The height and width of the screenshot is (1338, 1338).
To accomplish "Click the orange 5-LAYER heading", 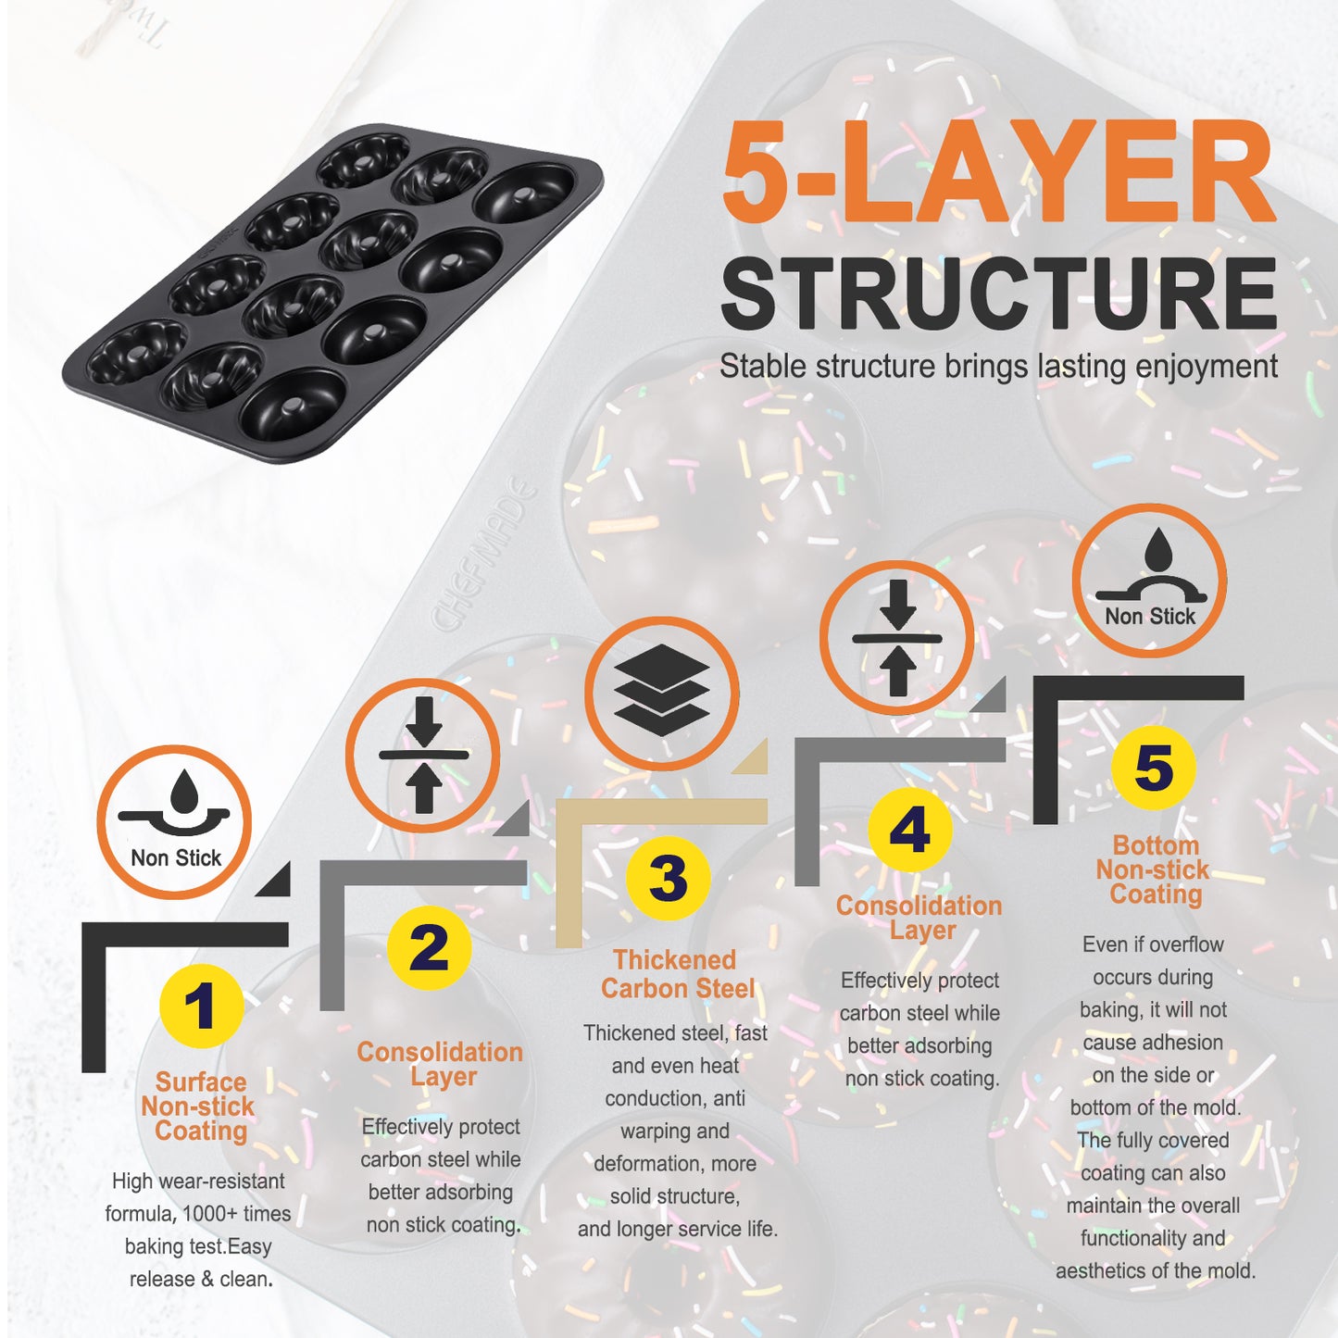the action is pos(998,170).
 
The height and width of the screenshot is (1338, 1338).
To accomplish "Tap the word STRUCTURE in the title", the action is pos(999,294).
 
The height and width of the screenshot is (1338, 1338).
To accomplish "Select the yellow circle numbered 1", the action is pos(201,1007).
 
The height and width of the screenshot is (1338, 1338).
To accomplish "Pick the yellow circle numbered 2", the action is pos(429,948).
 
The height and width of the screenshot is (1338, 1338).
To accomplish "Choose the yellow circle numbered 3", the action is pos(668,878).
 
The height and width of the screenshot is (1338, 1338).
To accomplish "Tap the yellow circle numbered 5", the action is pos(1154,768).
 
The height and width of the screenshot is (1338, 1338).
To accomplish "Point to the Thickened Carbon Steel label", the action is pos(677,974).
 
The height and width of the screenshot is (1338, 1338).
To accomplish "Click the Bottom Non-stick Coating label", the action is pos(1154,870).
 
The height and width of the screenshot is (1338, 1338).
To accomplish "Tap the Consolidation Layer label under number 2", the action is pos(440,1065).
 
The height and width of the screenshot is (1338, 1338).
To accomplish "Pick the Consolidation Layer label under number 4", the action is pos(919,918).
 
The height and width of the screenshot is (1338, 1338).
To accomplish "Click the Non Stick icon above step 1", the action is pos(174,822).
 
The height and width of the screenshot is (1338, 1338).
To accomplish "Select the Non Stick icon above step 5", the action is pos(1150,581).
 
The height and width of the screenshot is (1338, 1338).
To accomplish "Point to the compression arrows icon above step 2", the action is pos(423,756).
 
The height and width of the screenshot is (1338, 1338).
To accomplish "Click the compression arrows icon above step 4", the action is pos(897,638).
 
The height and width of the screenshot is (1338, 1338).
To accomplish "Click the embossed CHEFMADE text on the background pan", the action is pos(484,554).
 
